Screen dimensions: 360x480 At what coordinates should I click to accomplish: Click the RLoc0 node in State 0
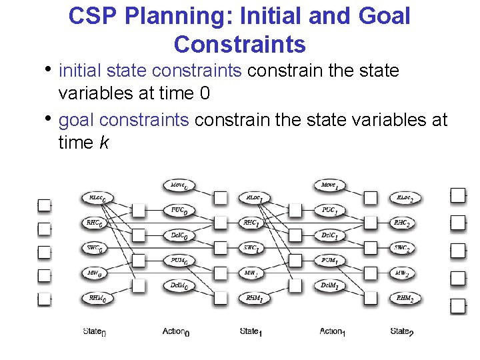[x=97, y=197]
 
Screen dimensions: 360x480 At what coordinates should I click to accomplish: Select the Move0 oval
[x=179, y=185]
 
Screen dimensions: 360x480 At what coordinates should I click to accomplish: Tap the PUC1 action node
[x=329, y=210]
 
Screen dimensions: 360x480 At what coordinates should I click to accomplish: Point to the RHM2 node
[x=403, y=299]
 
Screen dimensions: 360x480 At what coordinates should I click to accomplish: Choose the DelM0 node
[x=179, y=285]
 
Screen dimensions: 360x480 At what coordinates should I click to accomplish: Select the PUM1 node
[x=329, y=260]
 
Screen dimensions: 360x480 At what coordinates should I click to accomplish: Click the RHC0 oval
[x=97, y=223]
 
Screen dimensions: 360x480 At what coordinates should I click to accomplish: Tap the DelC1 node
[x=329, y=235]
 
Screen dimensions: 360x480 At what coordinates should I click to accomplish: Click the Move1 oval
[x=329, y=185]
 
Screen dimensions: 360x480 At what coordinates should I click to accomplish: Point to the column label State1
[x=251, y=331]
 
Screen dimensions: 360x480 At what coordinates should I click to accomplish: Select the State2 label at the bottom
[x=401, y=331]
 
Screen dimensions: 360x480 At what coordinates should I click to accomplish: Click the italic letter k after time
[x=103, y=143]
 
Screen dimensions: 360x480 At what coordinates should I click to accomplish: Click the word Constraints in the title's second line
[x=239, y=44]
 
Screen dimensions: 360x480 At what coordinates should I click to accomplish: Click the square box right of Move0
[x=220, y=197]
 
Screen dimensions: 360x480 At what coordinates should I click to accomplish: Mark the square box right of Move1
[x=371, y=197]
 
